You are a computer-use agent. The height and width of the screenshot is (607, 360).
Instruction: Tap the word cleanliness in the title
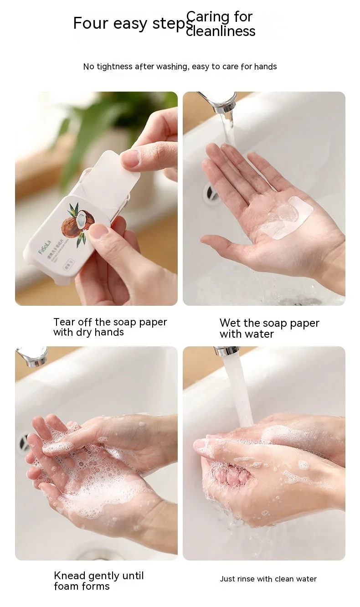coord(221,31)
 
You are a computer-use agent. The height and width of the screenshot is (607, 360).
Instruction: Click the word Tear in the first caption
coord(64,322)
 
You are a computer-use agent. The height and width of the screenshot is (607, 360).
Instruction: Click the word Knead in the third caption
coord(68,576)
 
